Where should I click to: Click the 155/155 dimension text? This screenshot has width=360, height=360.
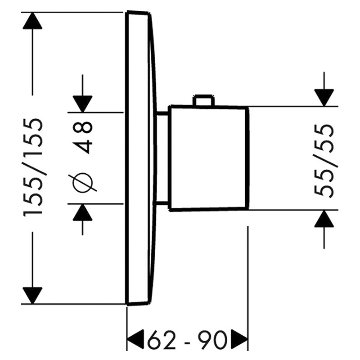click(33, 167)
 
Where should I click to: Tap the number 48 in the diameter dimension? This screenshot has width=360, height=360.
click(83, 137)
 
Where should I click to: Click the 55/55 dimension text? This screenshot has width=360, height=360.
click(324, 161)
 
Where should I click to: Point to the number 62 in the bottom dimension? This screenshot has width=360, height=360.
click(162, 339)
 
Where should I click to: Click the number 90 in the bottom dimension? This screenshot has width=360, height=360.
click(211, 339)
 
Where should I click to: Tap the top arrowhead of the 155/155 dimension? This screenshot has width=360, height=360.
click(32, 21)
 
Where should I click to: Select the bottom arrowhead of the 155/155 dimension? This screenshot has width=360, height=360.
click(32, 296)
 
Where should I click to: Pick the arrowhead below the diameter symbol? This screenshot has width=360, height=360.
click(83, 212)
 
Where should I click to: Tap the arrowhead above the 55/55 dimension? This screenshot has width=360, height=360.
click(324, 98)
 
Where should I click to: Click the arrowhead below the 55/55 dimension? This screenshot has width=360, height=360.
click(324, 219)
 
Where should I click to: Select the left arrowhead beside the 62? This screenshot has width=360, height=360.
click(135, 339)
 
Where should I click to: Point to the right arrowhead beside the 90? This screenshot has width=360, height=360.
click(239, 339)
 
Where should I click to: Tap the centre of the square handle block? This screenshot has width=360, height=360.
click(208, 158)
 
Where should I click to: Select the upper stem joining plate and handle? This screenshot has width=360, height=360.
click(162, 113)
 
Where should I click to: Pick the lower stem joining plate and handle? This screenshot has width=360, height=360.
click(162, 203)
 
